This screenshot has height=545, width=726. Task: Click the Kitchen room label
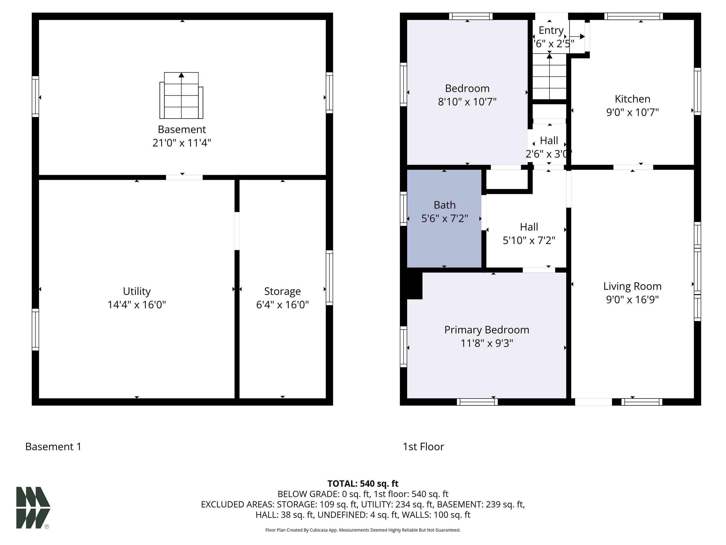point(632,99)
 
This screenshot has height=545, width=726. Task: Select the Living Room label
point(632,286)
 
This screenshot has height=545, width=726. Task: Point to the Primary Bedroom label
point(487,330)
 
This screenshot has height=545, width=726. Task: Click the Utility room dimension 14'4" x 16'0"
point(137,304)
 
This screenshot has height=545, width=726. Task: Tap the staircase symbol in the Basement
point(181,95)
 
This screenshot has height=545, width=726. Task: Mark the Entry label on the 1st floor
point(551,30)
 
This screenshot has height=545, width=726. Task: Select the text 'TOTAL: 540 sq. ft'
point(363,483)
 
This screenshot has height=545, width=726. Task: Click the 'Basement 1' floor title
point(53,446)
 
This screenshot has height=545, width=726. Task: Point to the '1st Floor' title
point(423,446)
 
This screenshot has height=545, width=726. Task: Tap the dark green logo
point(33,508)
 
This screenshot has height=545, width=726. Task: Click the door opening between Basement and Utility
point(184,177)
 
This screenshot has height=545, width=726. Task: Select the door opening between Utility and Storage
point(237,231)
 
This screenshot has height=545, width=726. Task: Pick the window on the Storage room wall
point(329,278)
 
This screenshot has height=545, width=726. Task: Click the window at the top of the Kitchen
point(633,16)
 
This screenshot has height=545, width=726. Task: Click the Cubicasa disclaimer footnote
point(363,530)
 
